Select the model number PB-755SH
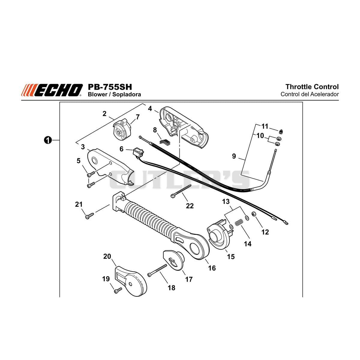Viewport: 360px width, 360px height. click(x=110, y=87)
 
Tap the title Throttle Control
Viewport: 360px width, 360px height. click(x=312, y=87)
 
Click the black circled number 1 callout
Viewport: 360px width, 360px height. click(x=48, y=140)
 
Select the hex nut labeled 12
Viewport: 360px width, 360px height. click(x=254, y=214)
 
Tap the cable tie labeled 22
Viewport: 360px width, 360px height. click(x=181, y=191)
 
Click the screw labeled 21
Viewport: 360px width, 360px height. click(x=89, y=216)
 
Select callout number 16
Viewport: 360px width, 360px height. click(x=212, y=268)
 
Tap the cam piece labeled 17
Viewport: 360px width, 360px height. click(x=174, y=260)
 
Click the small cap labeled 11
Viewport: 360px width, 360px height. click(x=280, y=132)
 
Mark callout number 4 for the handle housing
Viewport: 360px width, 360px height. click(x=150, y=108)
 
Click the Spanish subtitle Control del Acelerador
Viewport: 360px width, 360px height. click(x=310, y=94)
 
